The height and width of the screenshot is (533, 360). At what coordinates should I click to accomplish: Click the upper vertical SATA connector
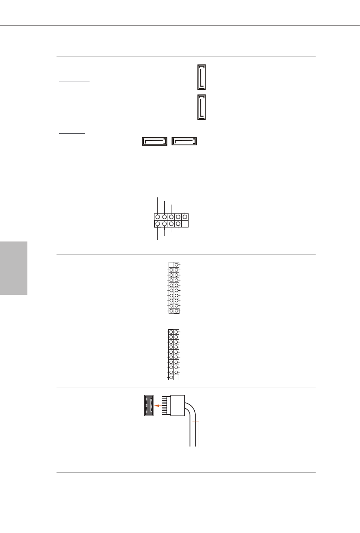(201, 77)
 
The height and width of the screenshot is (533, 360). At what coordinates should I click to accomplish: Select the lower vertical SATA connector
(201, 107)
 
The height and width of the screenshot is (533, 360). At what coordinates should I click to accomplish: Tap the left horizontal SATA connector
(154, 141)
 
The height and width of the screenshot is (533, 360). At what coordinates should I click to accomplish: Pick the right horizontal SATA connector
(184, 141)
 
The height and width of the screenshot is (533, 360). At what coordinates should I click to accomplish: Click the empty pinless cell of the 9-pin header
(185, 224)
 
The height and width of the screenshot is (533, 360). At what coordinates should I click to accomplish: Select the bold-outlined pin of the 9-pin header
(157, 224)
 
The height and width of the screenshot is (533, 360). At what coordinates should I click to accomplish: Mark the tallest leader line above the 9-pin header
(157, 205)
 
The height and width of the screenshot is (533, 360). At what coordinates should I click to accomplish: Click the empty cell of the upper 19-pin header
(171, 265)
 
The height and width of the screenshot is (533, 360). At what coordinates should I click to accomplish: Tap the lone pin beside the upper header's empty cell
(177, 265)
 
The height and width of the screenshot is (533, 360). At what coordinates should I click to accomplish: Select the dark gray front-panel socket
(149, 405)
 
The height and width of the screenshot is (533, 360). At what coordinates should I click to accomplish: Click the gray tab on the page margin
(13, 268)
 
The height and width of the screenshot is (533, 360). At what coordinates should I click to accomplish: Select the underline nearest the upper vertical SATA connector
(74, 81)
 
